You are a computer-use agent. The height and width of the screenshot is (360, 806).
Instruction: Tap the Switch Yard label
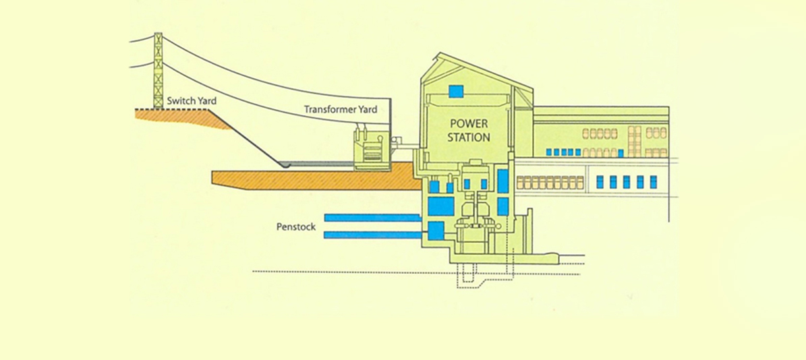tap(192, 101)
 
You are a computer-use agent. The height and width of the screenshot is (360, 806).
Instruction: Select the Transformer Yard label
tap(340, 109)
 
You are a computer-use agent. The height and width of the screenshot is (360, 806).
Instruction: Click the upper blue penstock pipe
tap(372, 218)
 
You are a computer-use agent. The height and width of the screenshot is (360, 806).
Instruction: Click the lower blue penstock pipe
tap(372, 235)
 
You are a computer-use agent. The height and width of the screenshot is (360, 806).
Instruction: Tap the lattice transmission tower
tap(159, 71)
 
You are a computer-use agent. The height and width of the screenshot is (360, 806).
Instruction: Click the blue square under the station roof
tap(457, 90)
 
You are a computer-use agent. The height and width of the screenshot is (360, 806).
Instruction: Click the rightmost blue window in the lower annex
tap(653, 182)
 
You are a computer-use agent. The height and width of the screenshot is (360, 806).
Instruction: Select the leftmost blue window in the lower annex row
tap(600, 182)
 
